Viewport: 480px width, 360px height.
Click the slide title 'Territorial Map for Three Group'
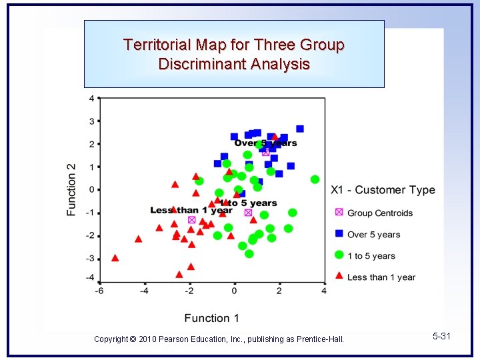(x=233, y=45)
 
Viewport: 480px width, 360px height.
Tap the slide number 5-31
(x=441, y=337)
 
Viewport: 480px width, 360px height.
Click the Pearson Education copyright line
(x=219, y=339)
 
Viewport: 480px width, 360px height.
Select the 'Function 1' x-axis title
(x=211, y=318)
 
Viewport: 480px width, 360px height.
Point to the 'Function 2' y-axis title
(x=71, y=189)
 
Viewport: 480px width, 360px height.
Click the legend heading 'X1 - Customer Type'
(x=383, y=190)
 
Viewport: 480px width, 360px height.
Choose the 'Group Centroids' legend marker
(x=339, y=213)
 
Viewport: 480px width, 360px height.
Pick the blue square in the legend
(x=339, y=234)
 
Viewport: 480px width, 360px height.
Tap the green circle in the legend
(x=339, y=255)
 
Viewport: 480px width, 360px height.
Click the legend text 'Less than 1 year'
(x=381, y=277)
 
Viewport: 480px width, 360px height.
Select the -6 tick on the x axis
(x=99, y=291)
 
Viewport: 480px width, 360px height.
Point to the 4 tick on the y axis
(x=91, y=99)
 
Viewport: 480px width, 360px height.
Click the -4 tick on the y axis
(x=90, y=279)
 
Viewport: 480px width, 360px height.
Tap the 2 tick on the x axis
(x=279, y=291)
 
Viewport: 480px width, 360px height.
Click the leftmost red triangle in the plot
(x=115, y=258)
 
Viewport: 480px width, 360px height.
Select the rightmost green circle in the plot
(x=315, y=179)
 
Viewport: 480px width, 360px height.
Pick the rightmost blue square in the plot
(x=300, y=129)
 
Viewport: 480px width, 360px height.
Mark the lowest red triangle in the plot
(x=179, y=274)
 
